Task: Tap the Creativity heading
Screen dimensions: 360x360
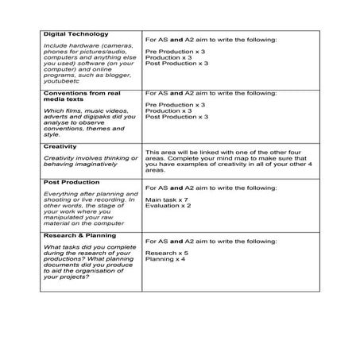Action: tap(60, 147)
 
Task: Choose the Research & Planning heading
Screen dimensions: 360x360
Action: tap(81, 235)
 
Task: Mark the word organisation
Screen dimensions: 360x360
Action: tap(101, 271)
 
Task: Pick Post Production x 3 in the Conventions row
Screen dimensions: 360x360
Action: tap(176, 117)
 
